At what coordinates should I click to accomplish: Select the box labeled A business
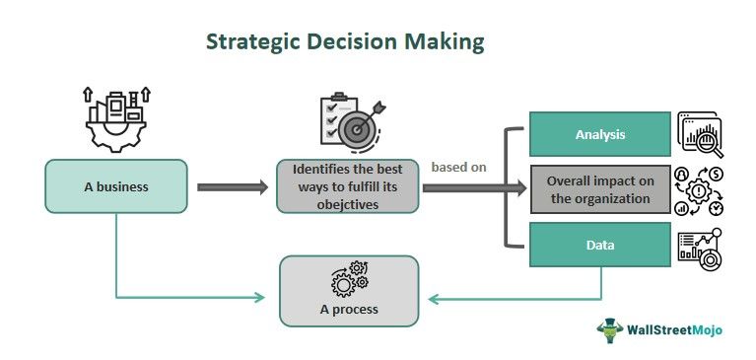pyautogui.click(x=115, y=186)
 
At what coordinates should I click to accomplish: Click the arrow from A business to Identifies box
pyautogui.click(x=233, y=186)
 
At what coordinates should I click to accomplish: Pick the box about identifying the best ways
pyautogui.click(x=348, y=186)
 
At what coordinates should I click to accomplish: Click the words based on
pyautogui.click(x=458, y=167)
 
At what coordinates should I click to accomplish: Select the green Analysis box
pyautogui.click(x=600, y=134)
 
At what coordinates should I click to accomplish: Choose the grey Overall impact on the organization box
pyautogui.click(x=600, y=188)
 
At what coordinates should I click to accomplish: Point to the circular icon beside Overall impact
pyautogui.click(x=700, y=189)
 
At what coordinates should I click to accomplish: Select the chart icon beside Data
pyautogui.click(x=700, y=246)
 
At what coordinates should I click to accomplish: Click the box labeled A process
pyautogui.click(x=348, y=290)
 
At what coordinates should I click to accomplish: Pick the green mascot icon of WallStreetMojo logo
pyautogui.click(x=611, y=328)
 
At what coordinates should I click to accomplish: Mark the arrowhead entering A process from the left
pyautogui.click(x=261, y=297)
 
